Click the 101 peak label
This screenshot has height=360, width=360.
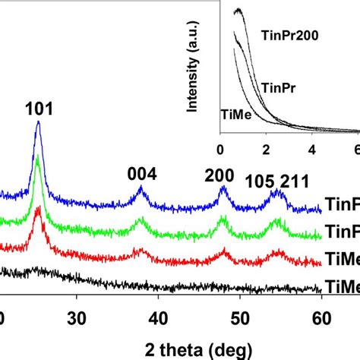pyautogui.click(x=39, y=109)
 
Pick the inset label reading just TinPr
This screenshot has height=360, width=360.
pyautogui.click(x=275, y=87)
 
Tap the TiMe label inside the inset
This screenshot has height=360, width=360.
pyautogui.click(x=235, y=115)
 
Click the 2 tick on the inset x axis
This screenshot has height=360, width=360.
pyautogui.click(x=266, y=149)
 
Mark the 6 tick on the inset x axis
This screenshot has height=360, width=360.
pyautogui.click(x=355, y=149)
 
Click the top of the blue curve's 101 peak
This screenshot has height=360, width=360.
pyautogui.click(x=38, y=124)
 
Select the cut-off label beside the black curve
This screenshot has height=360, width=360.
pyautogui.click(x=342, y=286)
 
